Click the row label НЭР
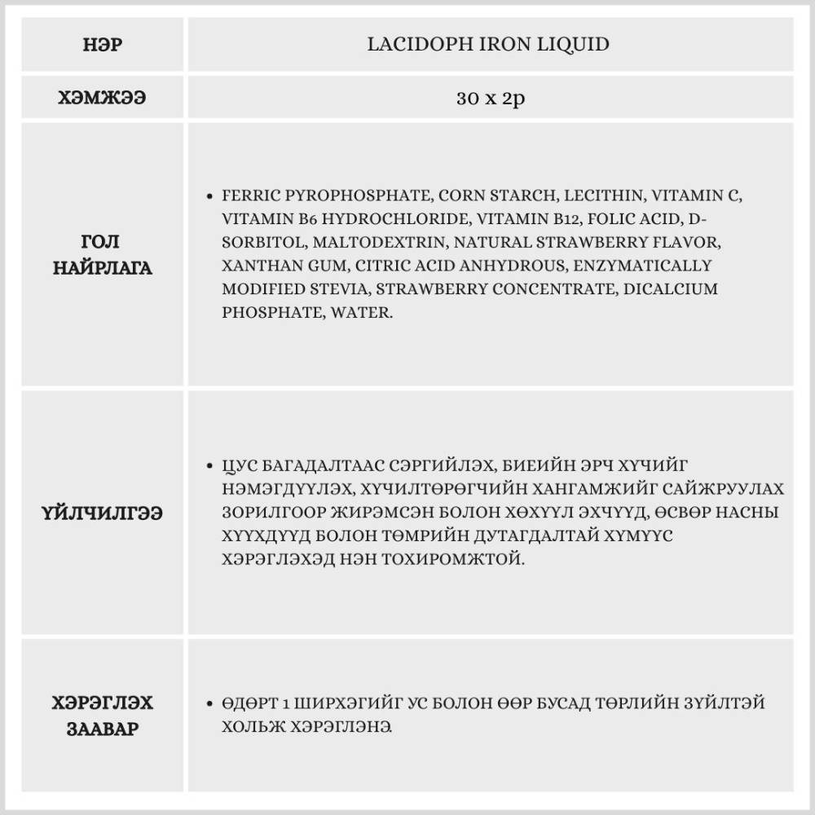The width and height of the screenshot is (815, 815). point(103,44)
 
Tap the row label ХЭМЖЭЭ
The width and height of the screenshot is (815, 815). point(103,99)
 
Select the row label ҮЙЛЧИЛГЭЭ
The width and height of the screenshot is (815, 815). point(103,513)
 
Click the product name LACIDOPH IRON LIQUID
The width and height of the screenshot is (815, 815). point(489,44)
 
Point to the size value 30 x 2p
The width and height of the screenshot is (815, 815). point(490,99)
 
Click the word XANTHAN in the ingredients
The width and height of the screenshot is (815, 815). point(255,266)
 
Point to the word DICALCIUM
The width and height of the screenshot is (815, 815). point(671,289)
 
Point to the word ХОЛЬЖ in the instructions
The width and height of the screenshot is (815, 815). point(245,726)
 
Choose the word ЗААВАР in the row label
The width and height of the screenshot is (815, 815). point(103,728)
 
